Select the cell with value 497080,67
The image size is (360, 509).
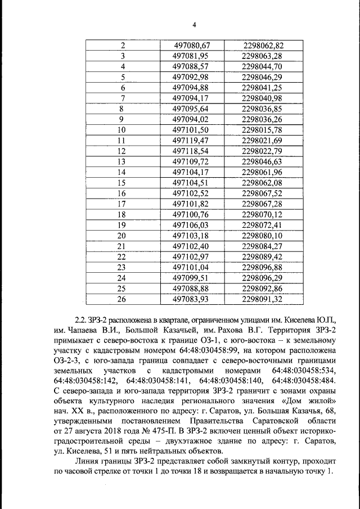pyautogui.click(x=191, y=46)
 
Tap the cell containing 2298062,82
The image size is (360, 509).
pyautogui.click(x=262, y=46)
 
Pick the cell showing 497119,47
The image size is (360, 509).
pyautogui.click(x=191, y=141)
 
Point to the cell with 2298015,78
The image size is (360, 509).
pyautogui.click(x=262, y=130)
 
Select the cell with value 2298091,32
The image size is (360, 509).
pyautogui.click(x=262, y=299)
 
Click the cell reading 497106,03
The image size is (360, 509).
pyautogui.click(x=191, y=225)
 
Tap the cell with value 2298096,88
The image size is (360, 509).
pyautogui.click(x=262, y=267)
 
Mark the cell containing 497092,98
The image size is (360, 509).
pyautogui.click(x=191, y=77)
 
